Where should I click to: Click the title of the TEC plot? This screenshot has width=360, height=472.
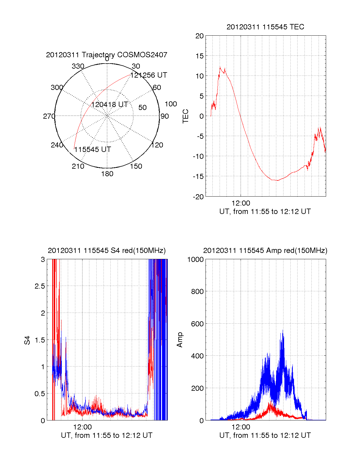(x=265, y=27)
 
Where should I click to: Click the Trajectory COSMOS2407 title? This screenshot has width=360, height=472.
(x=106, y=55)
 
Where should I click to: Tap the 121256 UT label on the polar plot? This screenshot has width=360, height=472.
(x=149, y=75)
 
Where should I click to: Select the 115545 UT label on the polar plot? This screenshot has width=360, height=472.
(x=93, y=150)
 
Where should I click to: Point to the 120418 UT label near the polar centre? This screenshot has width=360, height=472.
(x=109, y=105)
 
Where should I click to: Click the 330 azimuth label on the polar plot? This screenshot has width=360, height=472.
(x=78, y=66)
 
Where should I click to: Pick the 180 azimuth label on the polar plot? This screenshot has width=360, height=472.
(x=107, y=174)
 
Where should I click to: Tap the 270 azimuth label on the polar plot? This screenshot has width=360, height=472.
(x=49, y=116)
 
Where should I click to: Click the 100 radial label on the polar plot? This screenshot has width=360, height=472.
(x=171, y=104)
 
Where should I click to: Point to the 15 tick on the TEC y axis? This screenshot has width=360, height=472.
(x=199, y=56)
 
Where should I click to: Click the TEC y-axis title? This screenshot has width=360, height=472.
(x=186, y=116)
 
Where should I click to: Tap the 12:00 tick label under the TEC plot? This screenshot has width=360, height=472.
(x=241, y=203)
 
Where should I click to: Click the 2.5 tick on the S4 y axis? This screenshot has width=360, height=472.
(x=40, y=286)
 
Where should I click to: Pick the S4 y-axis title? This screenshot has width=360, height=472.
(x=27, y=340)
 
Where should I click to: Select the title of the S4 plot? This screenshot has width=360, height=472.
(x=106, y=251)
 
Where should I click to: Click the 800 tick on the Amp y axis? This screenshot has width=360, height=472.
(x=197, y=291)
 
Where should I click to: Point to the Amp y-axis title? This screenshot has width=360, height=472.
(x=180, y=340)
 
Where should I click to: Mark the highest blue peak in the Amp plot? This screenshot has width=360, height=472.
(x=283, y=330)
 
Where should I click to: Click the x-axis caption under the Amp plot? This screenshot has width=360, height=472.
(x=265, y=435)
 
